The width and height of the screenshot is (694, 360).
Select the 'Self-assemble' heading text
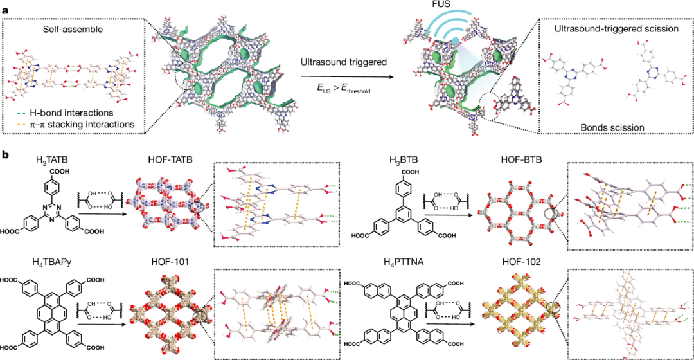pos(73,30)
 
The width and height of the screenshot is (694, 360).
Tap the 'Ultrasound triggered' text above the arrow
pos(344,62)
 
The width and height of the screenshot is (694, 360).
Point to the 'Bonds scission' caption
pos(612,127)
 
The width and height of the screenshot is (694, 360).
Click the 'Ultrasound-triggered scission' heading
pos(616,29)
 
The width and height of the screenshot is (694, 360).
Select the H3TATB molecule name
pos(52,160)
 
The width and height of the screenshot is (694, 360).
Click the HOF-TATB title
pos(171,160)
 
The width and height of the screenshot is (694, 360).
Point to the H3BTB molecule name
pos(403,160)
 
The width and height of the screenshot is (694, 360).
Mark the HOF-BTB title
pos(521,160)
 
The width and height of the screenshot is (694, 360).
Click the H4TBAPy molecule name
pos(52,262)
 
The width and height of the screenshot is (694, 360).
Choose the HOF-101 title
pos(170,262)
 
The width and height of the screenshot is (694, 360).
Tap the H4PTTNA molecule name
pos(403,262)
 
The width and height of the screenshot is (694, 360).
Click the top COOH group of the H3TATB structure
pos(60,172)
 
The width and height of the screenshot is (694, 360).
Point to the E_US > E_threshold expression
pos(343,88)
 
